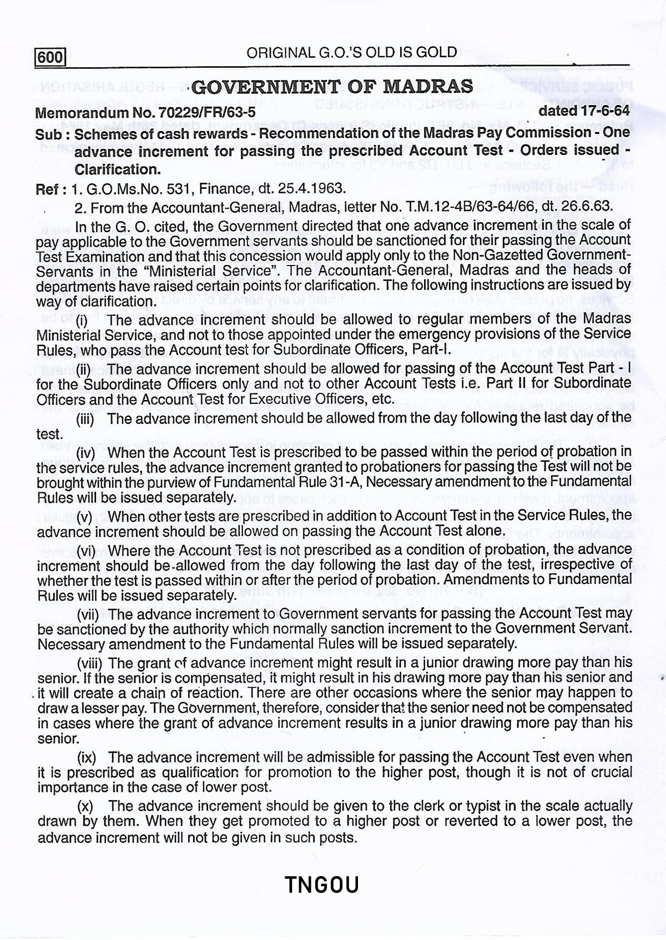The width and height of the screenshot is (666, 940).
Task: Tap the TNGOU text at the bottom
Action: coord(322,884)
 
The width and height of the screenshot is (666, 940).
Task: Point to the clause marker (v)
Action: coord(84,517)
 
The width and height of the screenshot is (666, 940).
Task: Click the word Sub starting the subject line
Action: coord(47,134)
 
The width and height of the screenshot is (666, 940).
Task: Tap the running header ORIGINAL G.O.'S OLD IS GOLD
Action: coord(352,53)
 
